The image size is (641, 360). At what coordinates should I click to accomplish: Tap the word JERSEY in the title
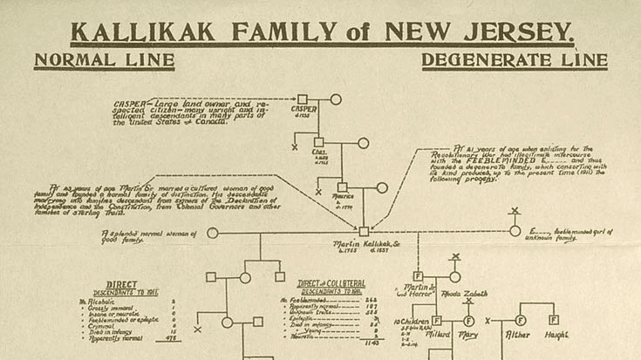coord(521,32)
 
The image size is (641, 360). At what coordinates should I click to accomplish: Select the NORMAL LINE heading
coord(104,61)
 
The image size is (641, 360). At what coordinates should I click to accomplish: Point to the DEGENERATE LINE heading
coord(515,61)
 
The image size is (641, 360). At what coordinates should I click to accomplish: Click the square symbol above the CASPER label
coord(302,99)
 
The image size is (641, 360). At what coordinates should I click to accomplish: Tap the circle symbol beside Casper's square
coord(336,99)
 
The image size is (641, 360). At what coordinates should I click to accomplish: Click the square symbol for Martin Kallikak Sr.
coord(364,232)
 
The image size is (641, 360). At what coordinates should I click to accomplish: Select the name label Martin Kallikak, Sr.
coord(362,245)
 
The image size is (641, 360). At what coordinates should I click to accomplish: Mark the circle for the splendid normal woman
coord(213,233)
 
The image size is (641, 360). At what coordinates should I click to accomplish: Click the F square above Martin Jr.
coord(417,275)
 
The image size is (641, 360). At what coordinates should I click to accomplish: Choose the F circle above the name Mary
coord(468,321)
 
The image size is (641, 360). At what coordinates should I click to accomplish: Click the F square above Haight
coord(553,320)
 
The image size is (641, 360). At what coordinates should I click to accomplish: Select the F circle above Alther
coord(521,320)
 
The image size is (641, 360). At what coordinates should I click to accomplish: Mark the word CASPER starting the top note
coord(128,103)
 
